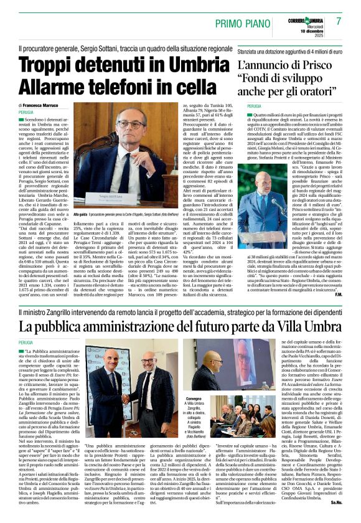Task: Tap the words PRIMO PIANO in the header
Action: (x=244, y=24)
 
